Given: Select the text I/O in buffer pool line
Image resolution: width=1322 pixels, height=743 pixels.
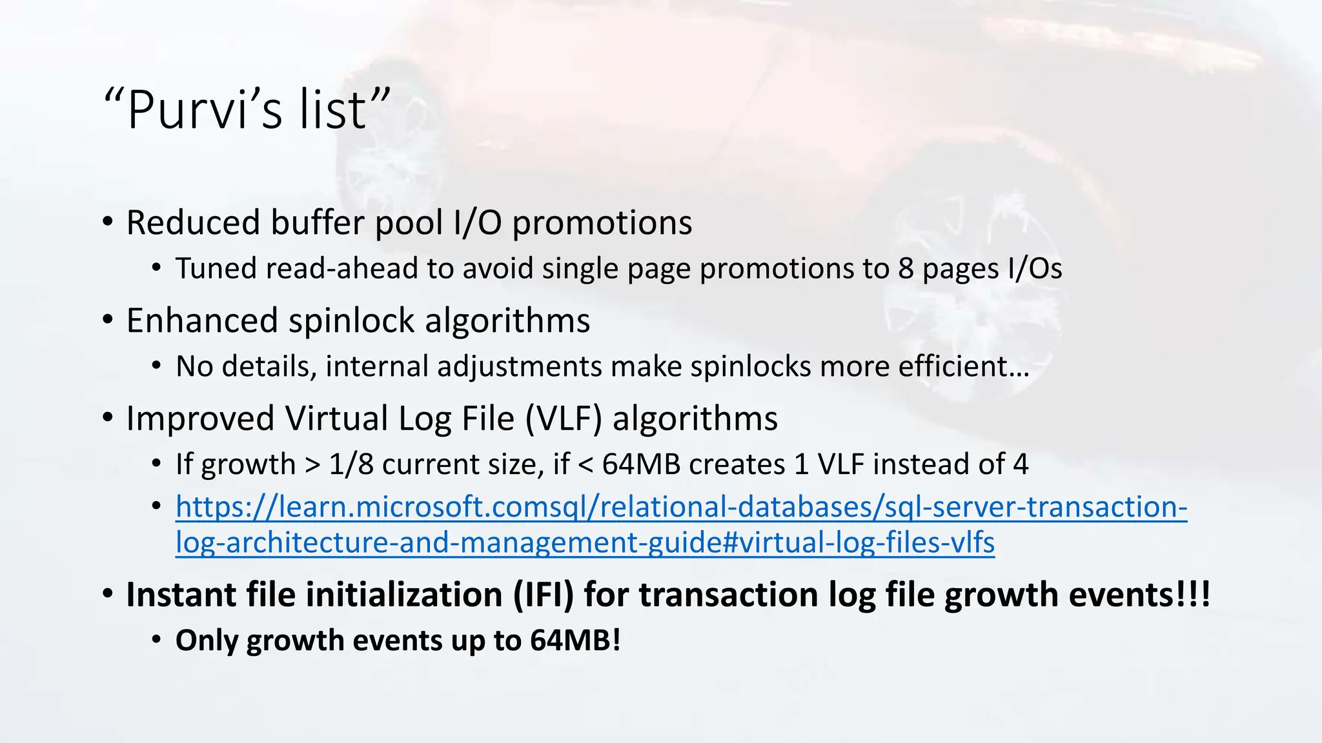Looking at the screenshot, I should (x=478, y=223).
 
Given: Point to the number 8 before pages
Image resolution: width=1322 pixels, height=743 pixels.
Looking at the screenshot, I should (x=906, y=268).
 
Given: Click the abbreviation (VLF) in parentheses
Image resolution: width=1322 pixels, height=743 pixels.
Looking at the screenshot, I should (x=564, y=419).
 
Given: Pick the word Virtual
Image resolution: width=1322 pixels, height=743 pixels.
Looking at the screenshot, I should (x=336, y=419).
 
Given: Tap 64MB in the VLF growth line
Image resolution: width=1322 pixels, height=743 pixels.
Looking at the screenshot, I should (x=641, y=464).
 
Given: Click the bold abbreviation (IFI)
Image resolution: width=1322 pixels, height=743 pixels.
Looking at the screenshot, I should (x=544, y=595).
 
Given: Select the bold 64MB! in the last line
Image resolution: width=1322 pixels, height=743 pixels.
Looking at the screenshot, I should (x=575, y=640).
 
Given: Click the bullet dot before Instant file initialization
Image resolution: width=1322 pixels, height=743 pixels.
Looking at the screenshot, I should (x=108, y=593).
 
